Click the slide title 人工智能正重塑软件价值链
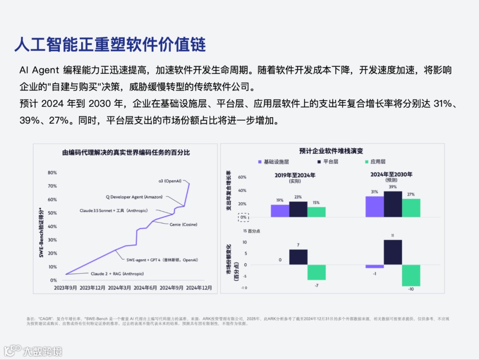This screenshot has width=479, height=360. [x=110, y=45]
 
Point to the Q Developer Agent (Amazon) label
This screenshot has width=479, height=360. [x=134, y=197]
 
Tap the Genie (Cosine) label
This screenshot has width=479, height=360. [x=183, y=225]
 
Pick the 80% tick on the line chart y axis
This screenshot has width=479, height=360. [x=52, y=173]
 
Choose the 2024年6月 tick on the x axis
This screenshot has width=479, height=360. [x=146, y=288]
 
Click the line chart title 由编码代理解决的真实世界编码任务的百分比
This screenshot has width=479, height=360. [x=126, y=153]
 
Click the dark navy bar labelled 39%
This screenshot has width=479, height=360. [x=393, y=204]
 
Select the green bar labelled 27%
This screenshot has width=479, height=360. [x=411, y=208]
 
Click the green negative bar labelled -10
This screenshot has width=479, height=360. [x=411, y=275]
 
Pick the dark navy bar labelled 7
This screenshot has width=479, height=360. [x=298, y=257]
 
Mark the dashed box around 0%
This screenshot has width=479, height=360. [x=243, y=218]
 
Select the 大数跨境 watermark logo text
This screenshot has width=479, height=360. [x=42, y=351]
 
